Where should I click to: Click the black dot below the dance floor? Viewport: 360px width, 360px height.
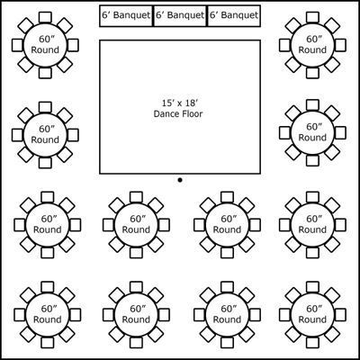(180, 180)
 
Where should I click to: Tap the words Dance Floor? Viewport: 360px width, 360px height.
(178, 113)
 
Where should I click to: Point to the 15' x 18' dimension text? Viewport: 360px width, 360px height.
(180, 103)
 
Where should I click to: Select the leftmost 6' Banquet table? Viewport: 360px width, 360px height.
(126, 16)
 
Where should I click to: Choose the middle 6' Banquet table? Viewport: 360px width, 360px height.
(180, 16)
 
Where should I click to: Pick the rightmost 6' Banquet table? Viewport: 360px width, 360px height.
(233, 16)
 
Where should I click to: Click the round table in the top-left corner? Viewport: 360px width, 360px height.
(45, 45)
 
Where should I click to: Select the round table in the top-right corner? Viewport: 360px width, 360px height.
(312, 45)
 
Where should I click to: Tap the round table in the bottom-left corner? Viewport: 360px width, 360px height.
(48, 314)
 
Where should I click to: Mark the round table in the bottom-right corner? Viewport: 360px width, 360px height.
(312, 314)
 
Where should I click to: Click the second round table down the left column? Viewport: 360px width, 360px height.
(45, 135)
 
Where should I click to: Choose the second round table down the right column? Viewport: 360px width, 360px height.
(312, 133)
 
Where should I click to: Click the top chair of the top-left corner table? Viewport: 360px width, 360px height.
(45, 17)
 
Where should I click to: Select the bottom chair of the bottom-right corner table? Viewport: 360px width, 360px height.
(312, 342)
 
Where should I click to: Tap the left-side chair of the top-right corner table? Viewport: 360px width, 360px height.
(284, 45)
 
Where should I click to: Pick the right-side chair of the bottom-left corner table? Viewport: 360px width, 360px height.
(75, 314)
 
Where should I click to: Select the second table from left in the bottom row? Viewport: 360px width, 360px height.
(136, 314)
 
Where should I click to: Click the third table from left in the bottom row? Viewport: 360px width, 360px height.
(227, 314)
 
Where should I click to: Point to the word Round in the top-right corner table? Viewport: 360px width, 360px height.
(312, 49)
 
